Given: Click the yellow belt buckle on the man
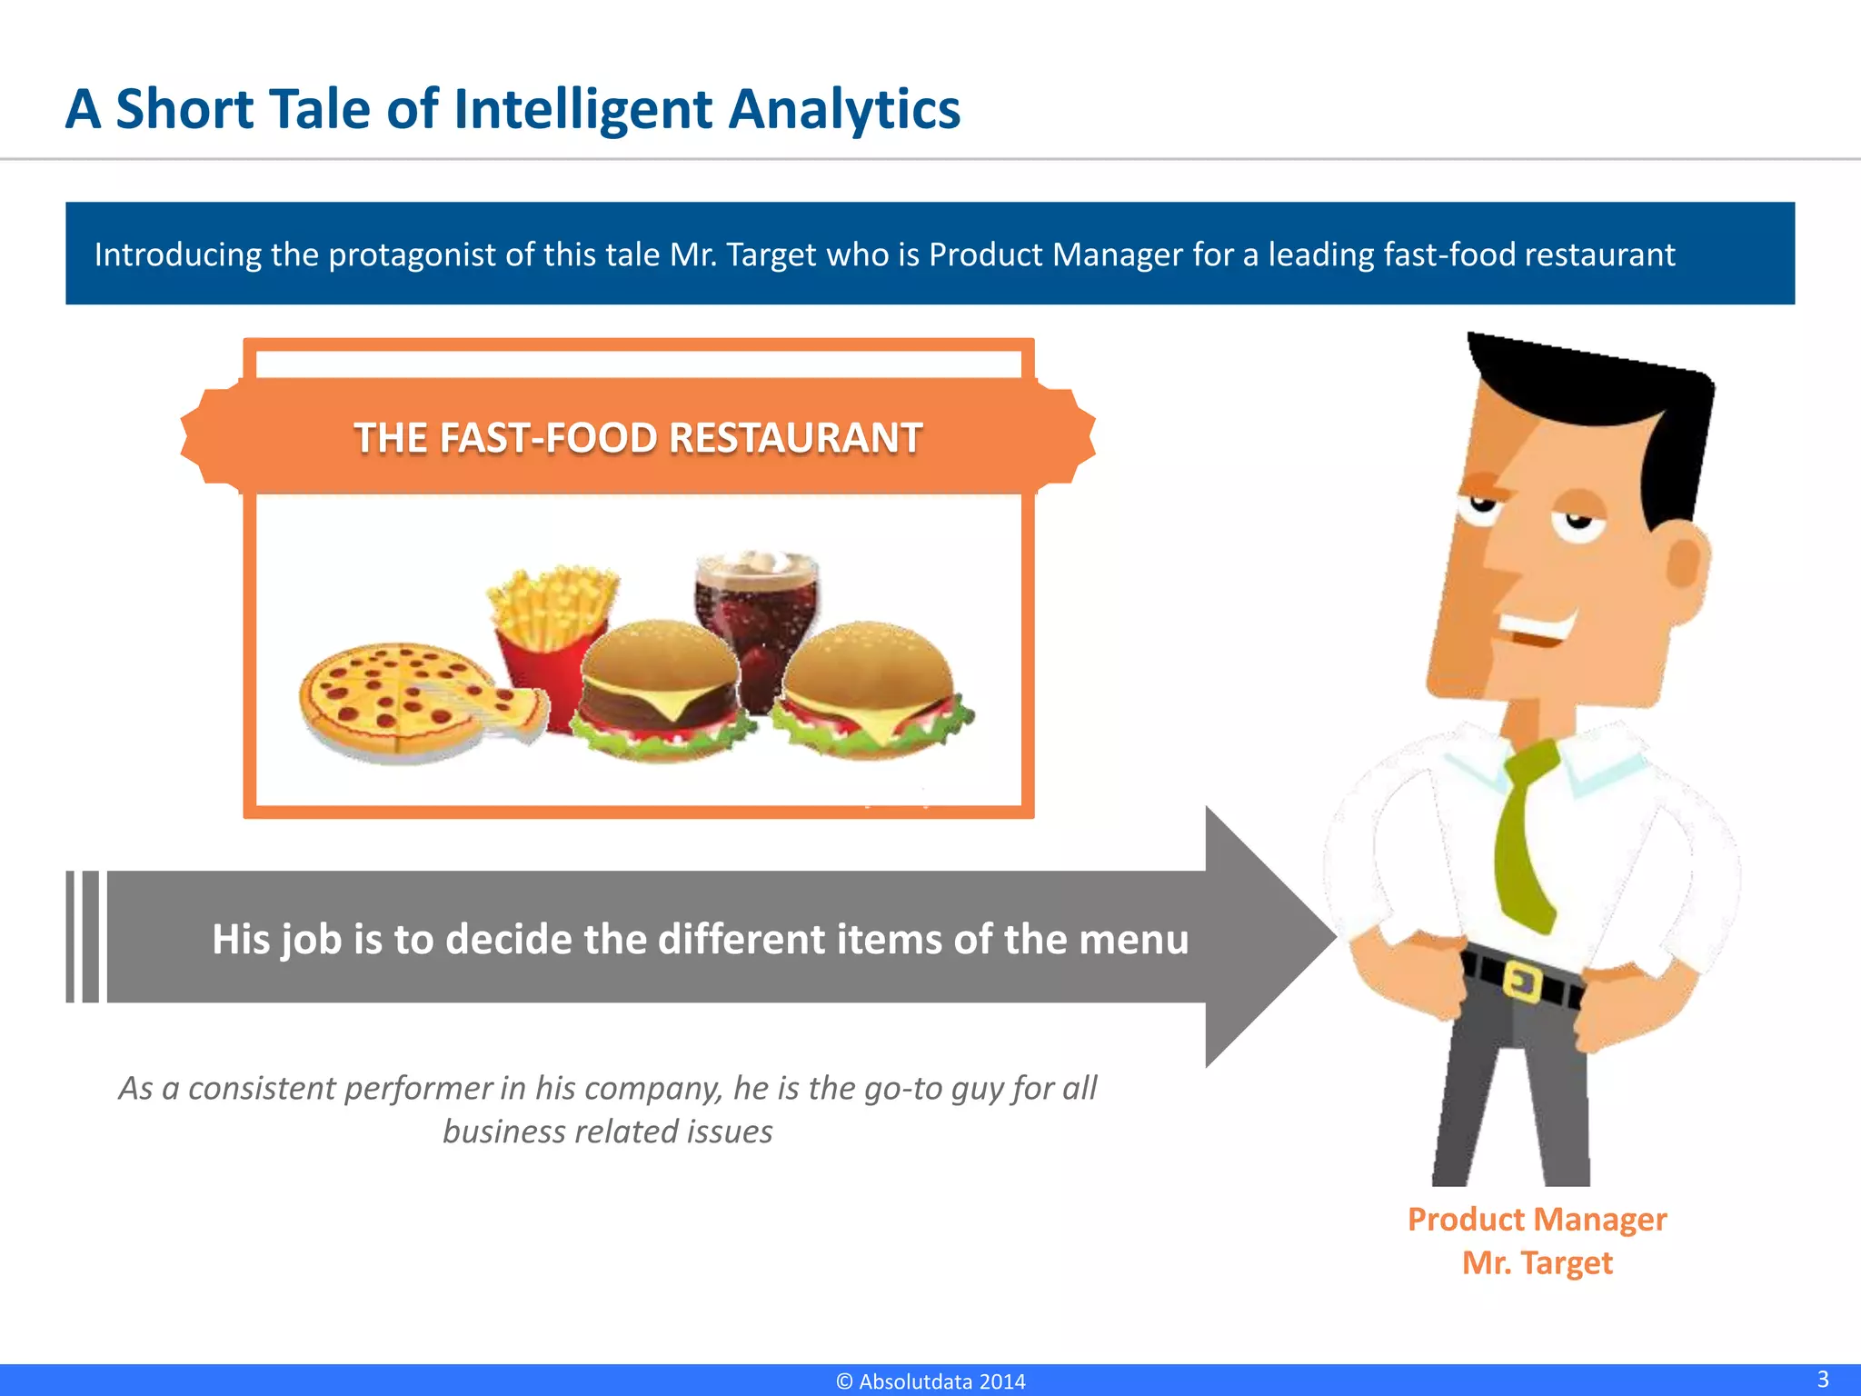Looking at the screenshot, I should [x=1523, y=982].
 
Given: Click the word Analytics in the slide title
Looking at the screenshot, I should [x=844, y=110].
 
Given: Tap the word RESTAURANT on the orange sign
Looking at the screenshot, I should [x=795, y=438].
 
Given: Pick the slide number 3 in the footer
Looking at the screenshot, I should [x=1822, y=1379].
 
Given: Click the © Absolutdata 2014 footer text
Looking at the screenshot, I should [x=930, y=1381].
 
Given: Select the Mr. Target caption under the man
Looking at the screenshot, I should [x=1537, y=1263].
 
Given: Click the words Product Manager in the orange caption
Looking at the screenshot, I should [x=1537, y=1220].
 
